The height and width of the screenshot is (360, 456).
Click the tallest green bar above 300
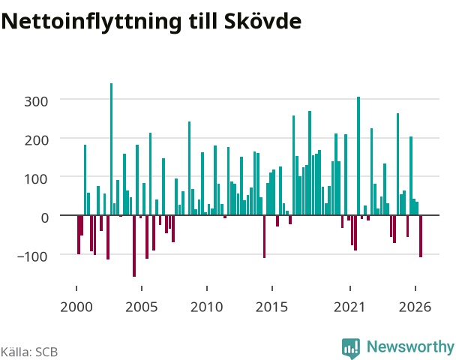111,149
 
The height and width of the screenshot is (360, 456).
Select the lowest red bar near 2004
134,246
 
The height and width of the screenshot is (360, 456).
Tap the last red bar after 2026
421,236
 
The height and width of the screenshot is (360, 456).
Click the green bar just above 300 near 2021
358,156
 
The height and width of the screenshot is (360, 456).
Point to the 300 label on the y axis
36,102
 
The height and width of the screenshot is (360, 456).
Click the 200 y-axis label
36,140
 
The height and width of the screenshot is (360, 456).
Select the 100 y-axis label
36,179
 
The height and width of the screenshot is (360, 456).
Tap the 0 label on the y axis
44,217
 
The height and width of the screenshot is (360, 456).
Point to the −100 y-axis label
32,256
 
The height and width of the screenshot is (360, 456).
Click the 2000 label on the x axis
76,307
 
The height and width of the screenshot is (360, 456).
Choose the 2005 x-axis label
141,307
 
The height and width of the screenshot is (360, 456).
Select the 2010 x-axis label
207,307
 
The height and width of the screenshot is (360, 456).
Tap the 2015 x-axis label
272,307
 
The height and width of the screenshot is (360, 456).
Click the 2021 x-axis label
349,307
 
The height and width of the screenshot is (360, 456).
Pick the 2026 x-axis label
415,307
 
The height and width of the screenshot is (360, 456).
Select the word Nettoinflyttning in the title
91,22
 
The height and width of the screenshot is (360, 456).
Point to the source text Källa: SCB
29,352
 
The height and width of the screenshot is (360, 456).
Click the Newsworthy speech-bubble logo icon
351,348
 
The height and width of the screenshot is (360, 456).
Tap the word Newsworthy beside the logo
410,347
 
